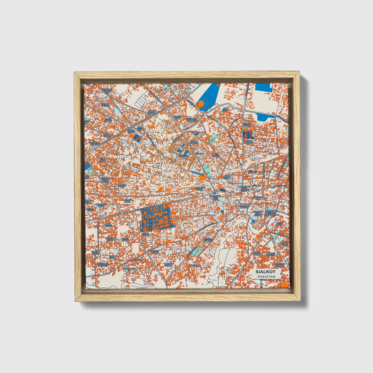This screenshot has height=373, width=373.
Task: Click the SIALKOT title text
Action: click(265, 272)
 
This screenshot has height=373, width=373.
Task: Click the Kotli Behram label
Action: click(140, 128)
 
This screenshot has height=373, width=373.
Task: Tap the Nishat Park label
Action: click(247, 125)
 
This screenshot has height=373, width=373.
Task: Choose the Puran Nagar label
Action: click(248, 142)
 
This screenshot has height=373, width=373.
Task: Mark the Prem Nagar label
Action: click(216, 155)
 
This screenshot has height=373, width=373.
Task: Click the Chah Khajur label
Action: click(194, 142)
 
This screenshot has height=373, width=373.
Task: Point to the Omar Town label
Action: click(145, 234)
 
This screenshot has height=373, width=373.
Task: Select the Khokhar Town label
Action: click(110, 239)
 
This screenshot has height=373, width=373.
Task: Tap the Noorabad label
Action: click(137, 260)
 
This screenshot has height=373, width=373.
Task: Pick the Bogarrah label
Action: click(195, 265)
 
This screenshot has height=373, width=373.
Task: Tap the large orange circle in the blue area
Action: click(200, 104)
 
